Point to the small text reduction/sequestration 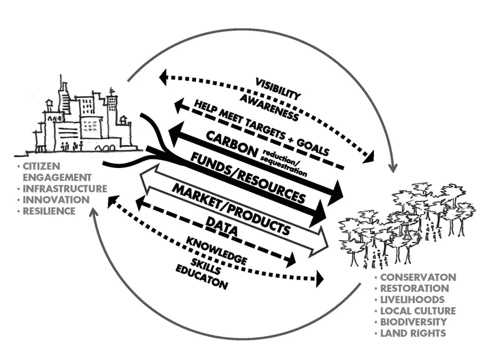[x=285, y=163]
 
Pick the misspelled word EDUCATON [x=202, y=278]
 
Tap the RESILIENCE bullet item [x=49, y=211]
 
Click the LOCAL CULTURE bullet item [x=418, y=310]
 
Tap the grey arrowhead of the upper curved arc [x=393, y=167]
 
